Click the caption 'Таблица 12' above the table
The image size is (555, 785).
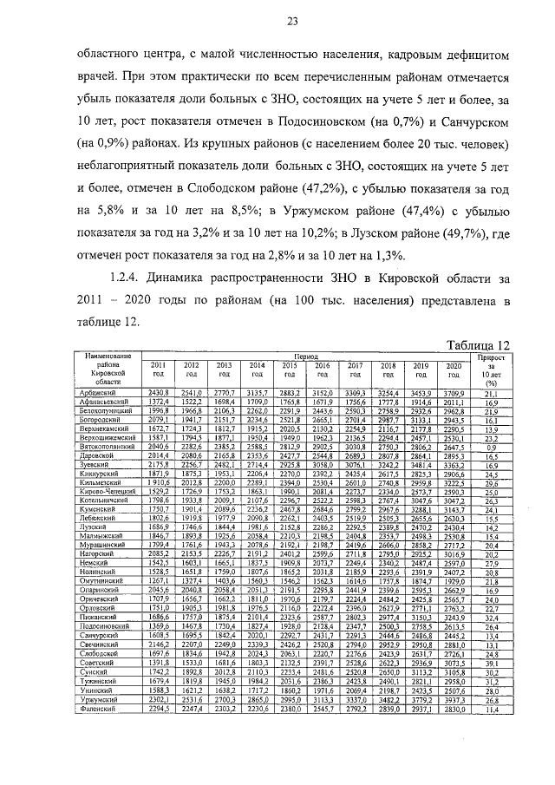click(x=476, y=345)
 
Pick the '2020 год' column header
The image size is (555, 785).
click(x=453, y=370)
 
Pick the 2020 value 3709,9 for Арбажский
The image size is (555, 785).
click(x=453, y=394)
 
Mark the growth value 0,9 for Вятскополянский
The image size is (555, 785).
click(x=491, y=446)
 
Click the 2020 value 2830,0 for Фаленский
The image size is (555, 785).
click(x=453, y=758)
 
